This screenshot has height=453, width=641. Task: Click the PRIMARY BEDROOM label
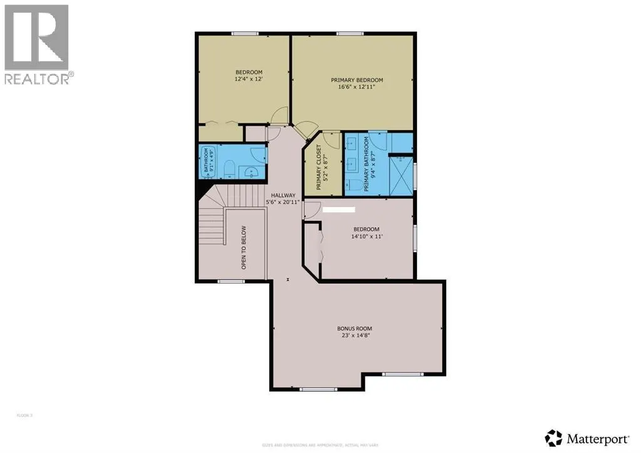[x=357, y=80]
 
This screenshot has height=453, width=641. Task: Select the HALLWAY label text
[x=283, y=195]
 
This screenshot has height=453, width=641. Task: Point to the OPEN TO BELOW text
[x=244, y=248]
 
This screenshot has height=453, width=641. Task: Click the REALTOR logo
[x=38, y=44]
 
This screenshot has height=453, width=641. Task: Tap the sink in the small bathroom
[x=253, y=171]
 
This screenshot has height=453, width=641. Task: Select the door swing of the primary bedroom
[x=307, y=129]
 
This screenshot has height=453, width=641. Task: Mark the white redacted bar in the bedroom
[x=339, y=210]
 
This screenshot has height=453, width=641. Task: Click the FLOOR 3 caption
[x=24, y=415]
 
